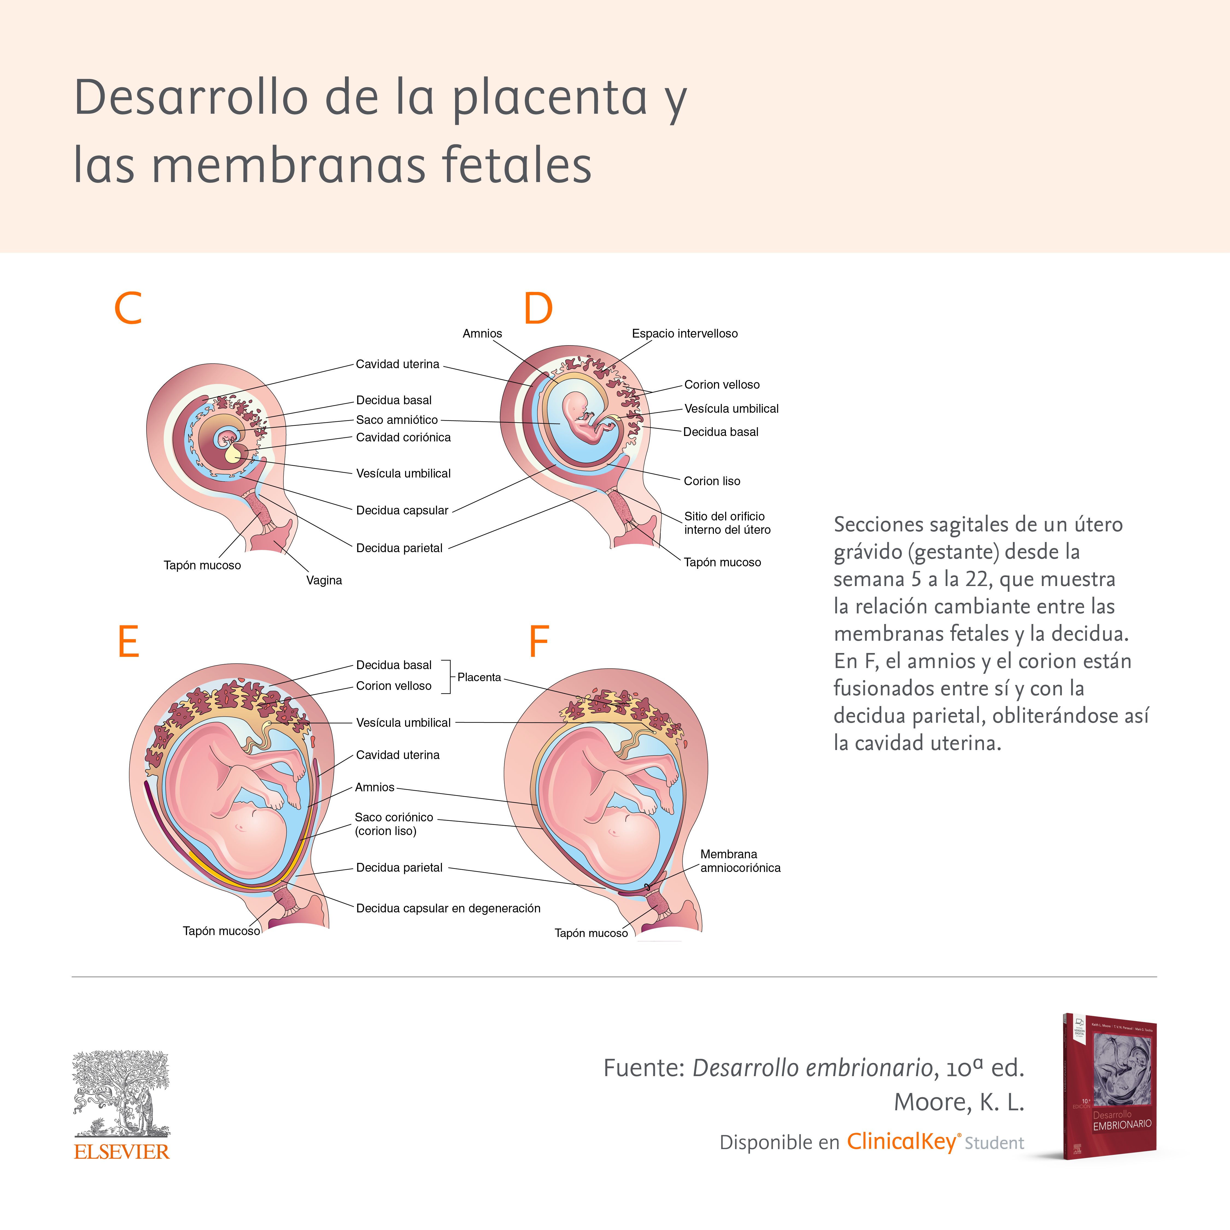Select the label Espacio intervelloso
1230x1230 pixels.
(x=684, y=333)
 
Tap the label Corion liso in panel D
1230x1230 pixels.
(x=712, y=481)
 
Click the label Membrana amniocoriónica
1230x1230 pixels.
(x=740, y=861)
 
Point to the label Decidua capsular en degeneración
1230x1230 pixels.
(x=447, y=909)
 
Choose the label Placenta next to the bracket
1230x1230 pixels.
(x=479, y=677)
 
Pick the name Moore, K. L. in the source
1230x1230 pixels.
(x=958, y=1102)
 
